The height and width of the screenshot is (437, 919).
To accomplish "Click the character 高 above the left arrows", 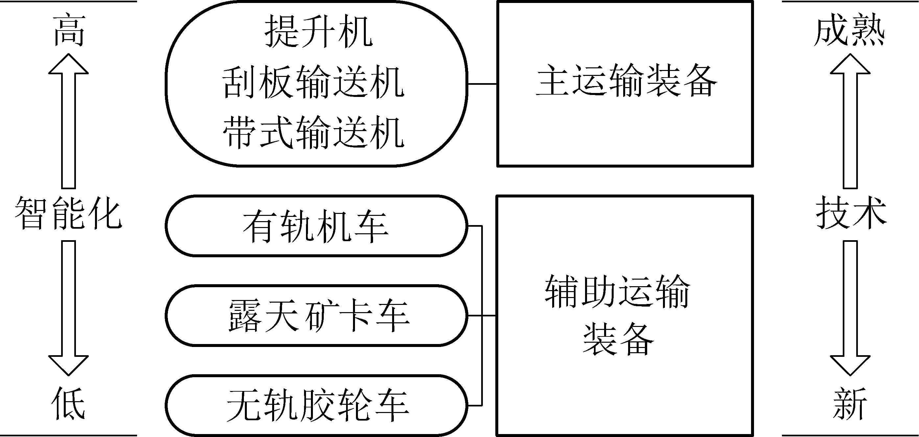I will point(69,32).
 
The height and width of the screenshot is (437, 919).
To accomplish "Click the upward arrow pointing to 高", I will point(68,121).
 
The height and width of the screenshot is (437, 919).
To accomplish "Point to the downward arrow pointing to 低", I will point(68,307).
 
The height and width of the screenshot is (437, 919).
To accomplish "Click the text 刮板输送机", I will point(313,83).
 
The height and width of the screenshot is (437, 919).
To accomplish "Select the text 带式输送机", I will point(313,133).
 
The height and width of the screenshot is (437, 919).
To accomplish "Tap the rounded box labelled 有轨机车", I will point(316,226).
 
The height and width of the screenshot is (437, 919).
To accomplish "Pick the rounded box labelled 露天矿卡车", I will point(316,316).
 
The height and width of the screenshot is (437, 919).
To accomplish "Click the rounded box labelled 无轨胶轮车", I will point(316,405).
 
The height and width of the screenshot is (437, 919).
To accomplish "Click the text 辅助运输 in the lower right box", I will point(618,291).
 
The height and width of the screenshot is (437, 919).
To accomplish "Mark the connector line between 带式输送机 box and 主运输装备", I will point(482,84).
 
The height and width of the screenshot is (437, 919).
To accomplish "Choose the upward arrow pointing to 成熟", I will point(850,121).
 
